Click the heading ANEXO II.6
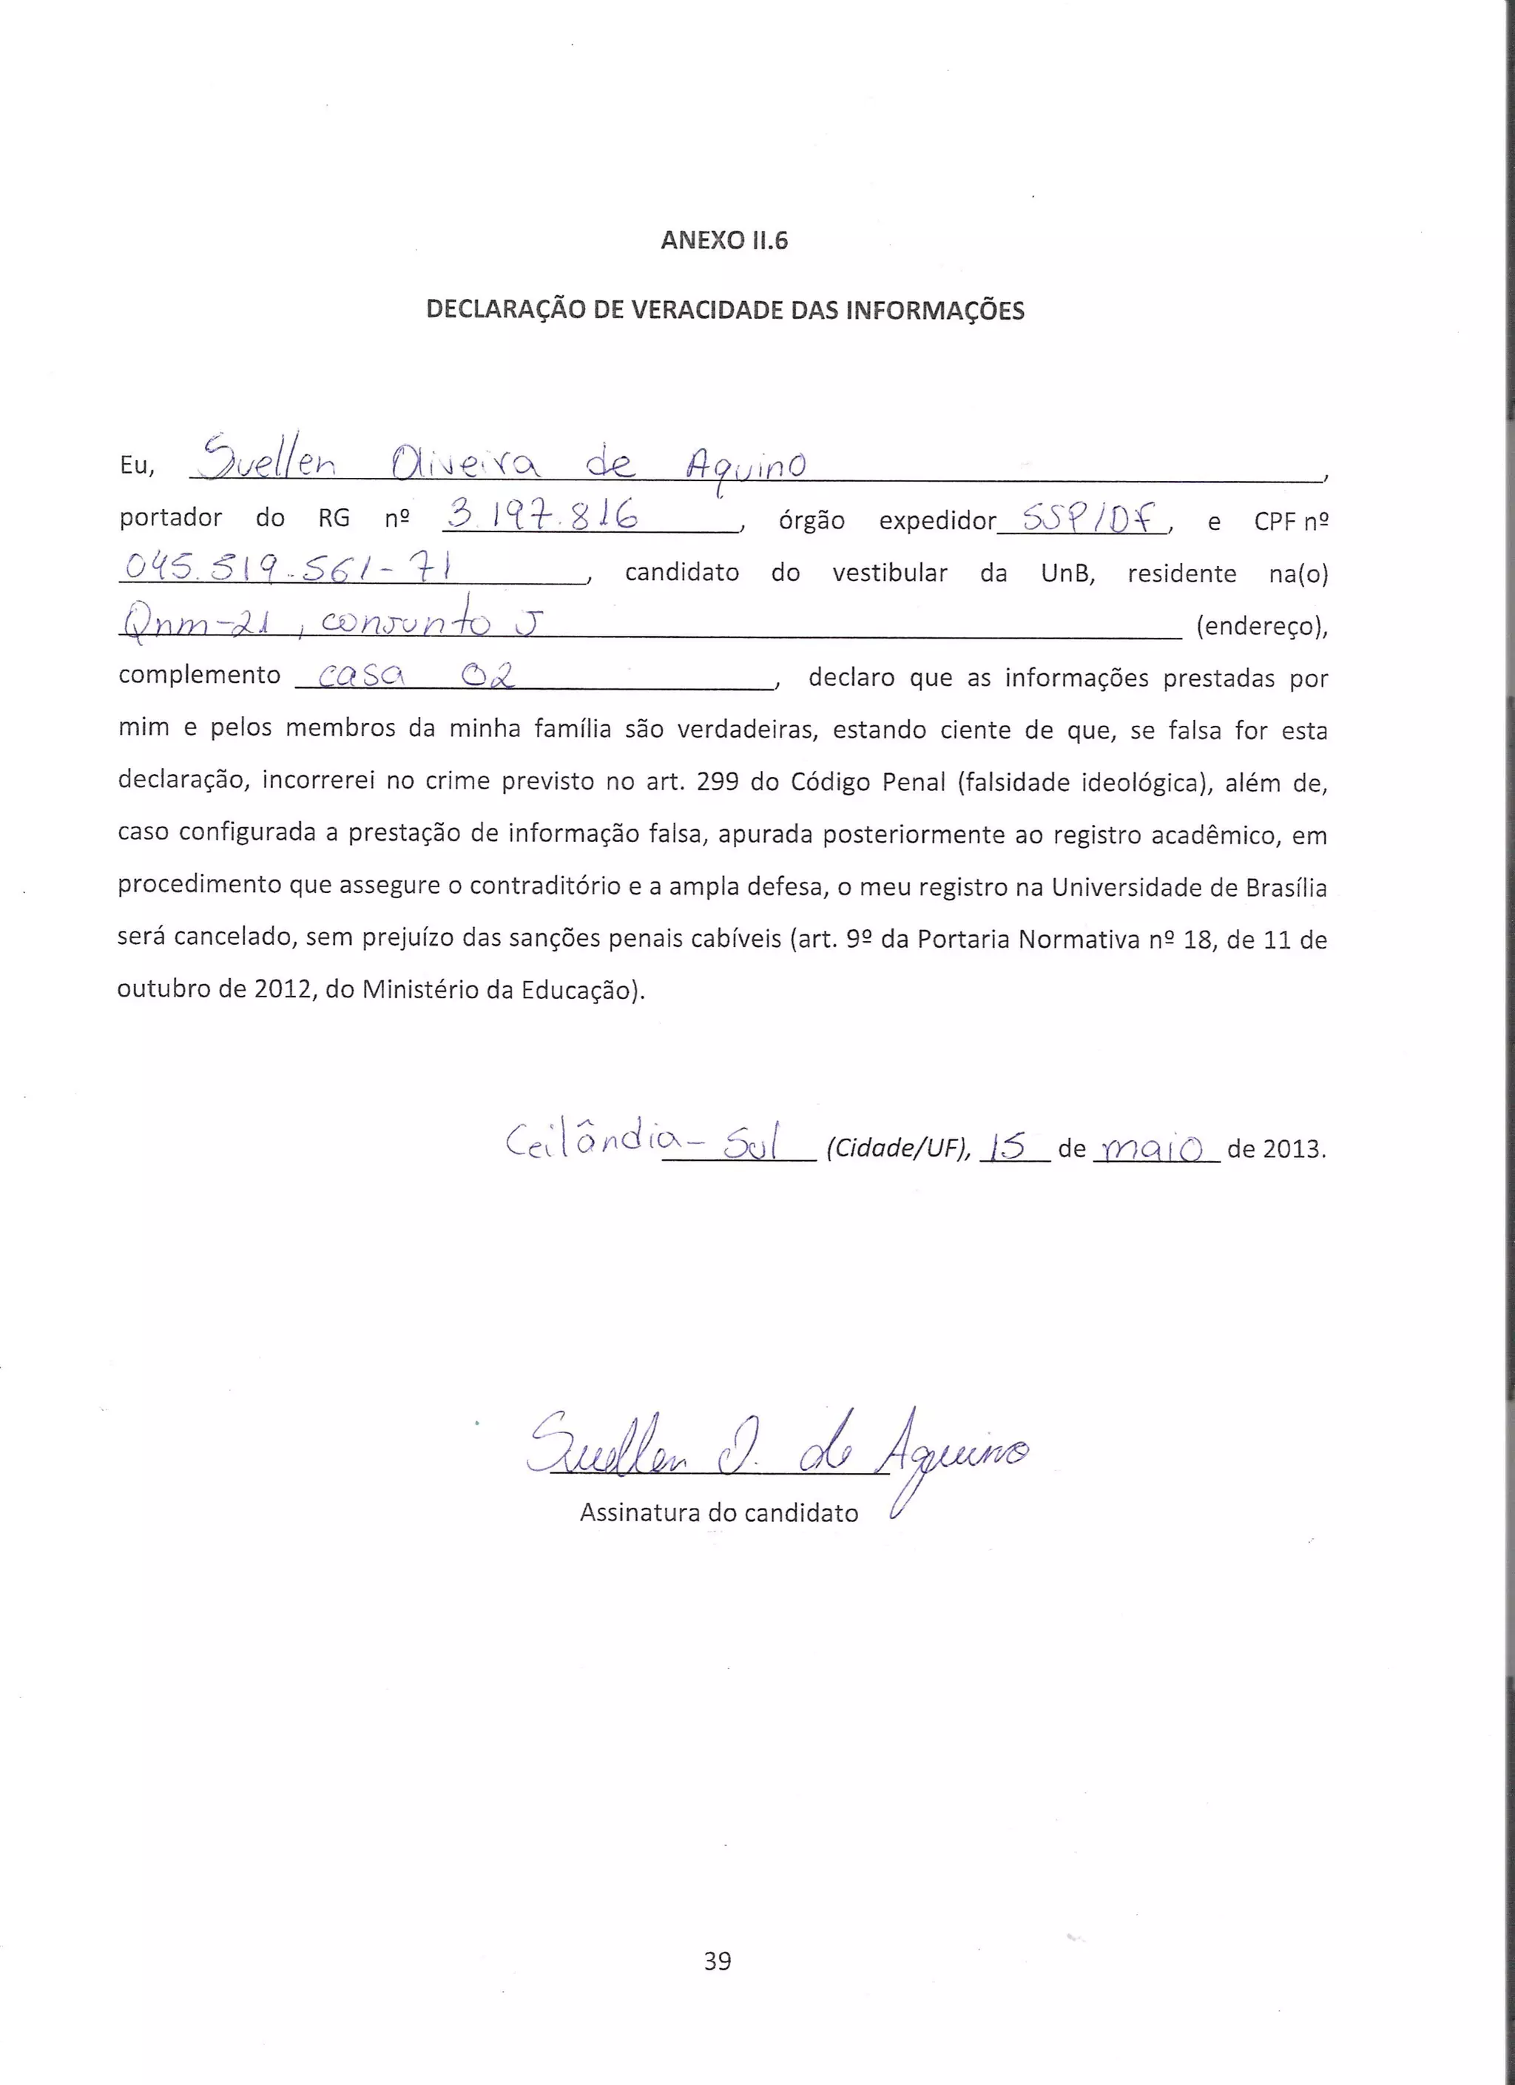724,241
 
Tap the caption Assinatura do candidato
719,1513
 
